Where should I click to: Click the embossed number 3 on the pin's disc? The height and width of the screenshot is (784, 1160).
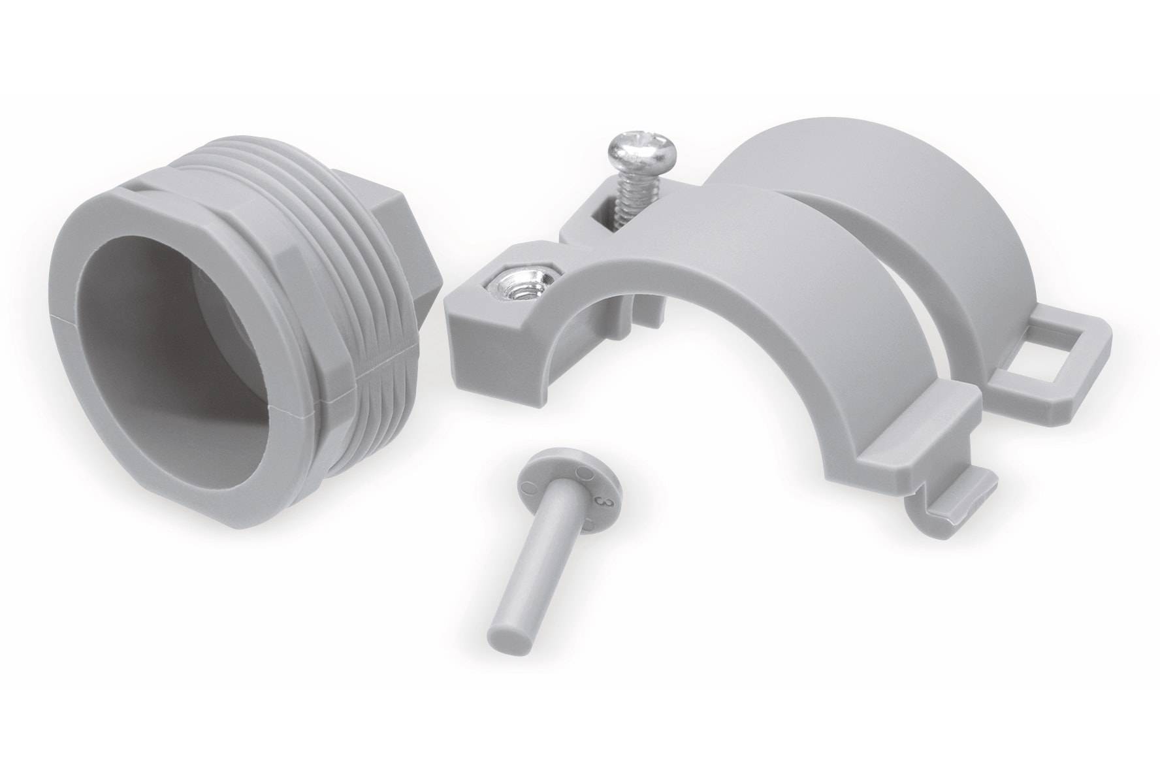pos(594,499)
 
